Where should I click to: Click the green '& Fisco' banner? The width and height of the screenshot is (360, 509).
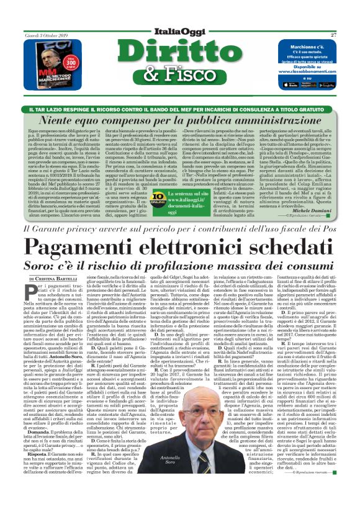pyautogui.click(x=181, y=75)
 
